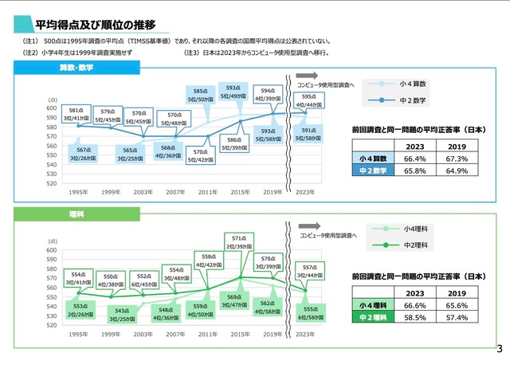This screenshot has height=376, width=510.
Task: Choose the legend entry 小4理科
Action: pyautogui.click(x=416, y=229)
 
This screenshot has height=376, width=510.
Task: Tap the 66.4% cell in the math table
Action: pyautogui.click(x=414, y=159)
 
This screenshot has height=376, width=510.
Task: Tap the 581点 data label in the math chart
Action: pyautogui.click(x=76, y=114)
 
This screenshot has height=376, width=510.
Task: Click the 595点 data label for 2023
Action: pyautogui.click(x=309, y=100)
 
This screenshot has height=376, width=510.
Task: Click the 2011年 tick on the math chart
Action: pyautogui.click(x=208, y=192)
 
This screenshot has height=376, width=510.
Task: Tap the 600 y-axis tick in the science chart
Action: pyautogui.click(x=52, y=250)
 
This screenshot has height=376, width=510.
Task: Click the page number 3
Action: pyautogui.click(x=500, y=349)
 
